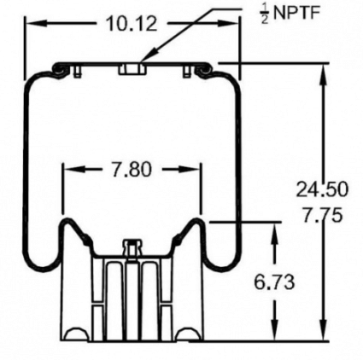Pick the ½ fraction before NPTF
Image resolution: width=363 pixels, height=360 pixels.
262,15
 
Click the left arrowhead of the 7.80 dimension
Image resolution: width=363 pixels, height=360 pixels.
68,170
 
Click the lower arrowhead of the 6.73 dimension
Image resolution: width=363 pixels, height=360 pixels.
273,336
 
